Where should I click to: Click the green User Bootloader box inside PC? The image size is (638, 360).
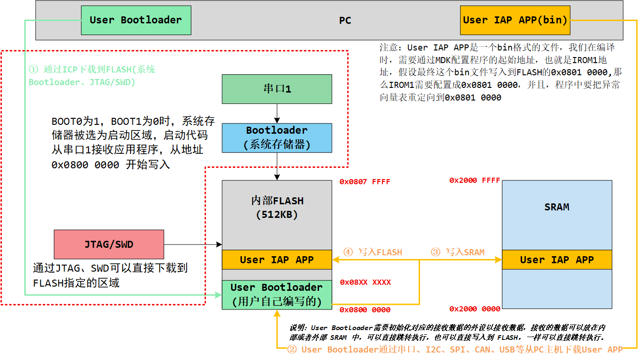point(136,20)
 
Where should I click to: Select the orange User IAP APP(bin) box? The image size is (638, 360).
point(515,20)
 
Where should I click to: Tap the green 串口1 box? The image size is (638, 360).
point(277,89)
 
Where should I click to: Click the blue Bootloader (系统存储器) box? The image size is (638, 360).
point(277,137)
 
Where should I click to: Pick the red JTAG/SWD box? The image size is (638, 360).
point(109,244)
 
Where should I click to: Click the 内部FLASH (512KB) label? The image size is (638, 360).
point(277,208)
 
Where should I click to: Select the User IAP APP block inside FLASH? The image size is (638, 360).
point(277,259)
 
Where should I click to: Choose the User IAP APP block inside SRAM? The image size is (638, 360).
point(557,259)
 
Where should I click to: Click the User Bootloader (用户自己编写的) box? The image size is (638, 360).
point(277,295)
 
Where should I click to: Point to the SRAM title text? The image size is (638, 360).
point(557,207)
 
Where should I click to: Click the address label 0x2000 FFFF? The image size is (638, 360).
point(475,180)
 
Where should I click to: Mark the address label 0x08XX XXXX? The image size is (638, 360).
point(365,282)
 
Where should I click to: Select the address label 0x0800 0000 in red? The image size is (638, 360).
point(365,310)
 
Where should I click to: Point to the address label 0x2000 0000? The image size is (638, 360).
point(475,309)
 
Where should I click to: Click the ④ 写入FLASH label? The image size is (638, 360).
point(373,252)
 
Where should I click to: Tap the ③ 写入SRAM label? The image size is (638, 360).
point(457,252)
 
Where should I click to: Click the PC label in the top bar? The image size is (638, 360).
point(345,21)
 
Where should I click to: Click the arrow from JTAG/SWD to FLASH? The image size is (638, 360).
point(193,244)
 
